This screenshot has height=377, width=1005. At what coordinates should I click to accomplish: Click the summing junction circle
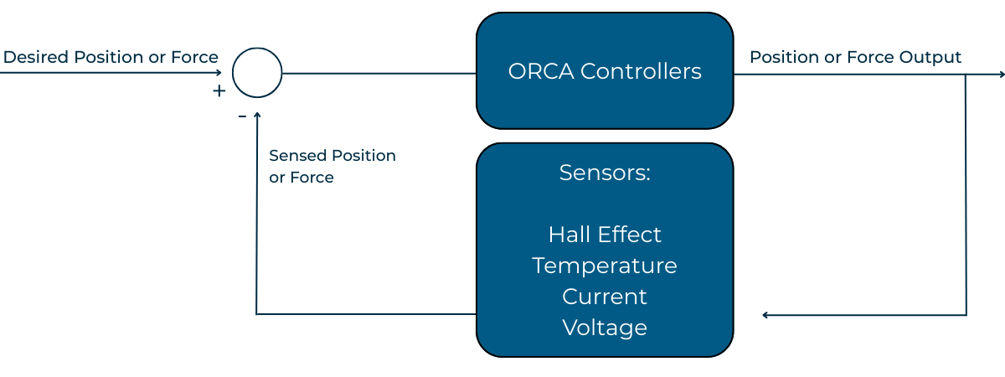(x=257, y=73)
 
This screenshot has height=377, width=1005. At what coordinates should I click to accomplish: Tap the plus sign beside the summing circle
(x=219, y=91)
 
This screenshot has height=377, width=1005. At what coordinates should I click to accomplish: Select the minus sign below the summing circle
(x=242, y=116)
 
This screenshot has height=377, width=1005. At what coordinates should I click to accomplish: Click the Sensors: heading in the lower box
(x=605, y=173)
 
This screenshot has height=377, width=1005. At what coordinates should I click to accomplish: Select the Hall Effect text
(x=605, y=234)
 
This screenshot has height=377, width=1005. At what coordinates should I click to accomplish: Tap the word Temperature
(x=605, y=266)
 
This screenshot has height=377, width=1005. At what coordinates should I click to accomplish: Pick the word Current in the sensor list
(x=605, y=297)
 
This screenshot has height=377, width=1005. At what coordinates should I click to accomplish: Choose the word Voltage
(x=605, y=327)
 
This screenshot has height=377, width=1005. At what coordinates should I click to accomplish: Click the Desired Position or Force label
(x=111, y=57)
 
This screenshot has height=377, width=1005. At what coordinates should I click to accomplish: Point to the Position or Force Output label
(x=855, y=57)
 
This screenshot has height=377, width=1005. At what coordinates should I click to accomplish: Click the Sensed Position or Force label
(x=332, y=166)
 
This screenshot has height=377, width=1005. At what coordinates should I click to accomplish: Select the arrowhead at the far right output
(x=1001, y=75)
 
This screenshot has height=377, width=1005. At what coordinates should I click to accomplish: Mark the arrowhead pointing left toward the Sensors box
(x=766, y=315)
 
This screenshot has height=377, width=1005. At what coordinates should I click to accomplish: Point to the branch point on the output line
(x=966, y=75)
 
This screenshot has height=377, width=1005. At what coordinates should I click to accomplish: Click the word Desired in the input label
(x=36, y=57)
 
